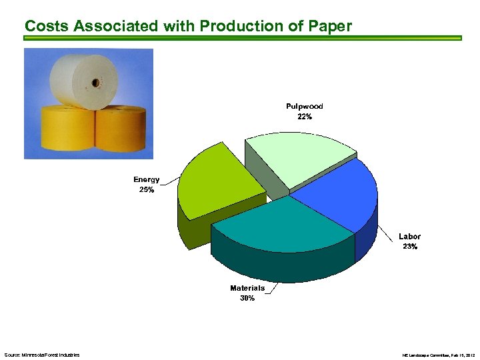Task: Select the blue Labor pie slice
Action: click(337, 197)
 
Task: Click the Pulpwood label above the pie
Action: click(304, 107)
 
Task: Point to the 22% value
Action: click(305, 117)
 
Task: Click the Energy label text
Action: click(146, 180)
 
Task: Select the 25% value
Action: click(146, 190)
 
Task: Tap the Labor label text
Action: click(409, 237)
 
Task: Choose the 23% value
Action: click(409, 247)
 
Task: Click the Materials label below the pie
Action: click(247, 288)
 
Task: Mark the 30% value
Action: click(247, 298)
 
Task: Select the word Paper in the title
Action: click(329, 26)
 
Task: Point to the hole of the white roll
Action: click(95, 83)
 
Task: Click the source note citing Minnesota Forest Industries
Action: click(41, 355)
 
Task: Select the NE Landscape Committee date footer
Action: click(439, 355)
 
